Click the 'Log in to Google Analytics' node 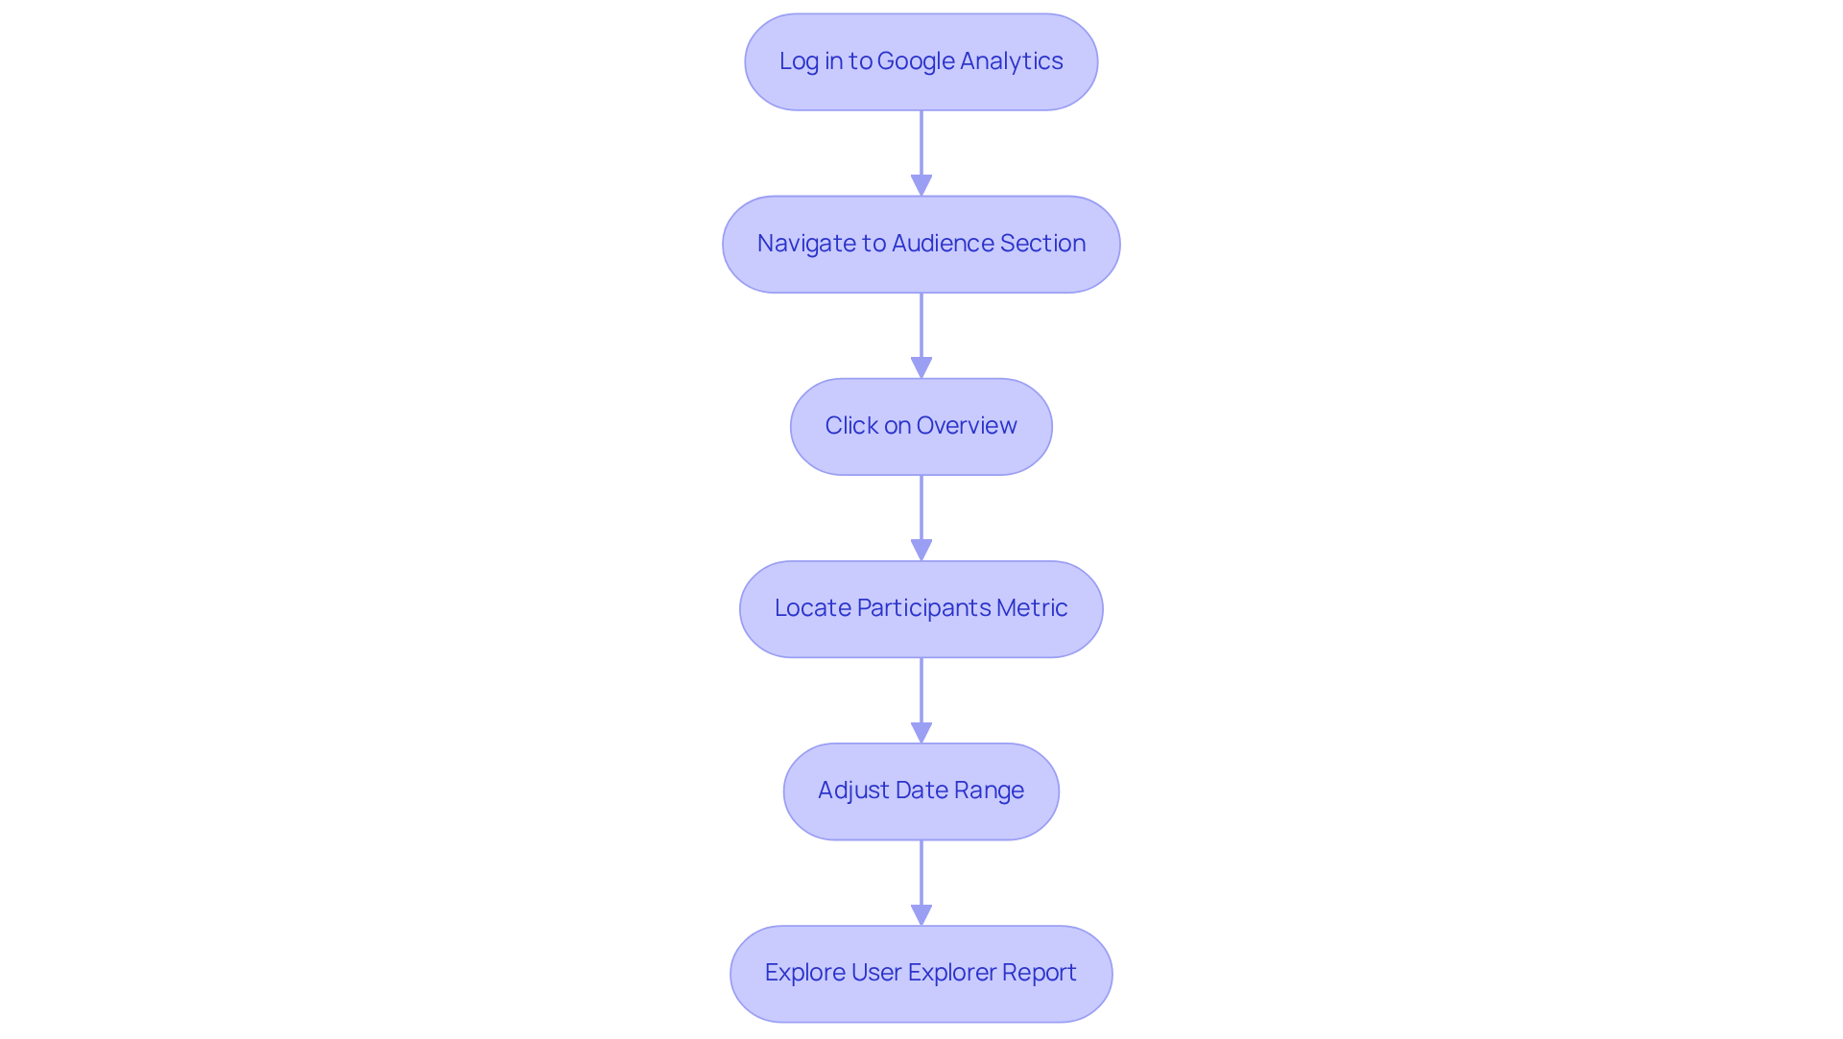[921, 61]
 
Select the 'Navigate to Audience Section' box [921, 244]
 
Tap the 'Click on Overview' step [921, 426]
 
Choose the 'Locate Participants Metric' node [921, 608]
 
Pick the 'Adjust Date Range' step [921, 791]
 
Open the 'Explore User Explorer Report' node [921, 973]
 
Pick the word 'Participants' [922, 608]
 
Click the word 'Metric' [1032, 608]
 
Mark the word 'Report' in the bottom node [1040, 973]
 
